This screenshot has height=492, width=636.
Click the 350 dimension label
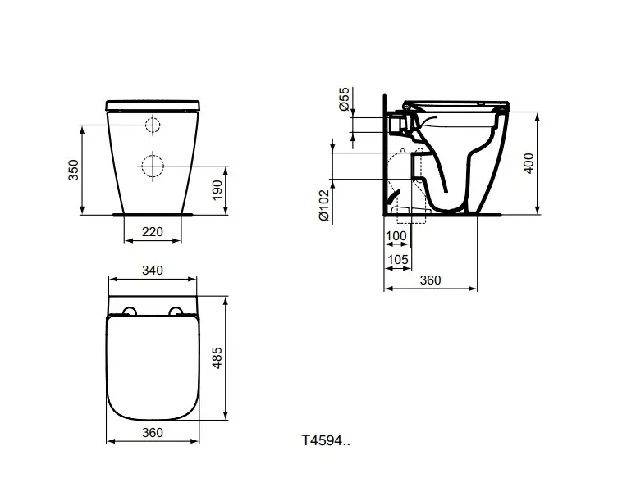click(73, 171)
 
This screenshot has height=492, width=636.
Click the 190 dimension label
click(217, 190)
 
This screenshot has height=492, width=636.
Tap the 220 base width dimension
click(153, 232)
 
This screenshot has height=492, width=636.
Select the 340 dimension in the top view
click(153, 271)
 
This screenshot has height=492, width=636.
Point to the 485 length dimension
click(217, 358)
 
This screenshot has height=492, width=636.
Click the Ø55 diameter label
click(344, 99)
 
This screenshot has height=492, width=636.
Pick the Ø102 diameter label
click(324, 206)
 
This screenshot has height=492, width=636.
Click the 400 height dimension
click(529, 163)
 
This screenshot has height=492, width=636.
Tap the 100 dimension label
click(396, 236)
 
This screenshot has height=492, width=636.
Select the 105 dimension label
click(398, 259)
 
